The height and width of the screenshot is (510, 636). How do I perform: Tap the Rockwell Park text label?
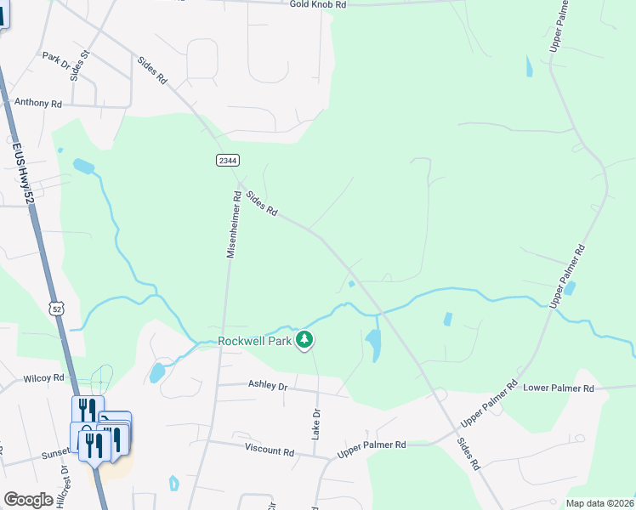tap(254, 341)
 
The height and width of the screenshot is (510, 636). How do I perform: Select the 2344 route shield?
tap(227, 160)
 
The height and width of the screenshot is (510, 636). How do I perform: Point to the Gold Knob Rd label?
tap(318, 4)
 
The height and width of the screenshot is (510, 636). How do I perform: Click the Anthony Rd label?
tap(38, 103)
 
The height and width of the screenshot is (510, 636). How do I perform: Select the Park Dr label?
tap(56, 60)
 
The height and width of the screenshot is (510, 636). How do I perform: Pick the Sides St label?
tap(80, 65)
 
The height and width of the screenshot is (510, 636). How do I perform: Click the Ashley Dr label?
tap(268, 385)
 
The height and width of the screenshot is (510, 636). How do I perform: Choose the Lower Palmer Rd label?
tap(558, 388)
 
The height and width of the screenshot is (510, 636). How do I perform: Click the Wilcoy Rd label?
tap(44, 377)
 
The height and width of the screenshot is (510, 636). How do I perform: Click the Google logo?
tap(28, 500)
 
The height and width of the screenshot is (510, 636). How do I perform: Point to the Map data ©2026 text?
tap(599, 503)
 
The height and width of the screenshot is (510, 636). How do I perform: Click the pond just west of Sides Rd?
tap(372, 344)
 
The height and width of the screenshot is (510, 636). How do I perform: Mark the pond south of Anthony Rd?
tap(83, 166)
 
